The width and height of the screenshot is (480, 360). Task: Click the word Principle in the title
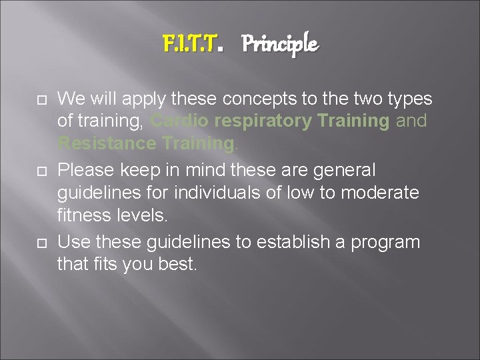click(x=279, y=45)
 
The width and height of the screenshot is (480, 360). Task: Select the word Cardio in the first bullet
click(x=177, y=121)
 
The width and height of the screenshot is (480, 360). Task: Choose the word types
click(x=408, y=99)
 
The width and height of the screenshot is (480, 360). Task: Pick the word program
click(x=389, y=241)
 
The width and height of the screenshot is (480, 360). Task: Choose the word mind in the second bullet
click(x=195, y=170)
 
